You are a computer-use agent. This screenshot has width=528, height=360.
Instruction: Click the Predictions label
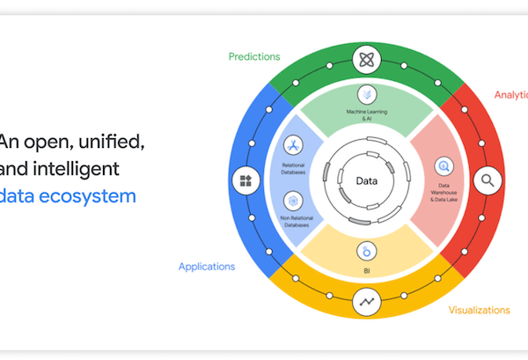254,56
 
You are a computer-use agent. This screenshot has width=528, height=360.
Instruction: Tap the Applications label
207,266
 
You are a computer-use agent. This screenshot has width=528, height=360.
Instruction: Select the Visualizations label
479,310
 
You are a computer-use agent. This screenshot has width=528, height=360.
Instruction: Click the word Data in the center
366,181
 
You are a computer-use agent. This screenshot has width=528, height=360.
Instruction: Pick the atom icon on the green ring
366,61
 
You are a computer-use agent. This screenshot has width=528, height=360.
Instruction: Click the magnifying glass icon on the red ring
486,181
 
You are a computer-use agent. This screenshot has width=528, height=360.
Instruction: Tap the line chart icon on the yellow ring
366,302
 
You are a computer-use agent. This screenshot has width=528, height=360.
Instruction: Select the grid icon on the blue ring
245,181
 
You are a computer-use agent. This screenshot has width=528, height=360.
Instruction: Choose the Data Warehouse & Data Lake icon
444,165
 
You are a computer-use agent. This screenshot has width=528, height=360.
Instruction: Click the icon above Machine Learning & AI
366,93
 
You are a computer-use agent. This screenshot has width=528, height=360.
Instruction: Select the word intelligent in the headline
77,167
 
